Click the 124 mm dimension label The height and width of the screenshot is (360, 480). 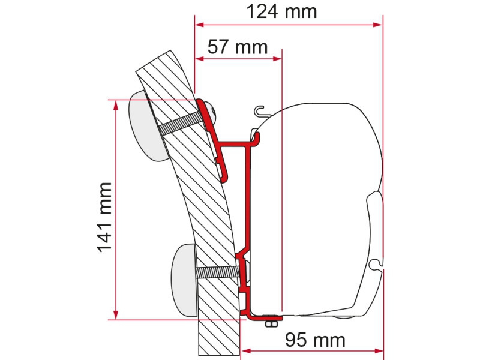(x=281, y=11)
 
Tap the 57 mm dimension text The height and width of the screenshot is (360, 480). (x=238, y=47)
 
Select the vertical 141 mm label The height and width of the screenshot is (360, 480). (x=104, y=217)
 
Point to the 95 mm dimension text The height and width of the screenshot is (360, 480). (x=316, y=340)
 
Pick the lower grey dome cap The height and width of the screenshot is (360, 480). (x=185, y=280)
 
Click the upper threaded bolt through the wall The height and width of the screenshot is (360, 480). (x=182, y=123)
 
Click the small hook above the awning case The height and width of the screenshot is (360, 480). (x=260, y=111)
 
